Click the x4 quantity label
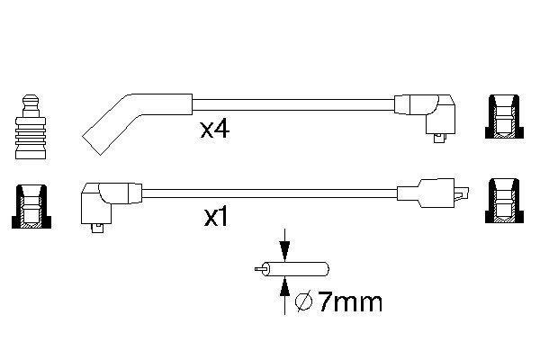point(216,130)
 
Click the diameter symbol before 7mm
point(304,301)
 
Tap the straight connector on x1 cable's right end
point(432,193)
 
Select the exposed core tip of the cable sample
point(259,268)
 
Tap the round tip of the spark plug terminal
point(31,98)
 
